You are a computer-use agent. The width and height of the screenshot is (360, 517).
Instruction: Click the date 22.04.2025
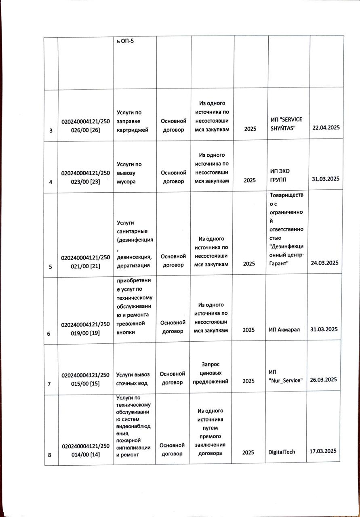(x=326, y=128)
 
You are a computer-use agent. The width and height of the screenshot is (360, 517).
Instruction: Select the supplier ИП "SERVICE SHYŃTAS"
(x=286, y=124)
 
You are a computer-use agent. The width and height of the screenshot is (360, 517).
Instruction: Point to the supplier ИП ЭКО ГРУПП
(x=280, y=175)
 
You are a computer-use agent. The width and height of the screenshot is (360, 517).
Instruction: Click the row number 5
(x=51, y=267)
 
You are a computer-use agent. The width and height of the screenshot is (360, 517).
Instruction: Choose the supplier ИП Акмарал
(x=284, y=330)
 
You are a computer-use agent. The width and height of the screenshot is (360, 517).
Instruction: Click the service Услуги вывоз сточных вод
(x=135, y=376)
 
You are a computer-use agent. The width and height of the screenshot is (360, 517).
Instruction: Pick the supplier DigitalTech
(x=282, y=452)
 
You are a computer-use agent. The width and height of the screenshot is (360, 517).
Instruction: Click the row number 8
(x=50, y=455)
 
